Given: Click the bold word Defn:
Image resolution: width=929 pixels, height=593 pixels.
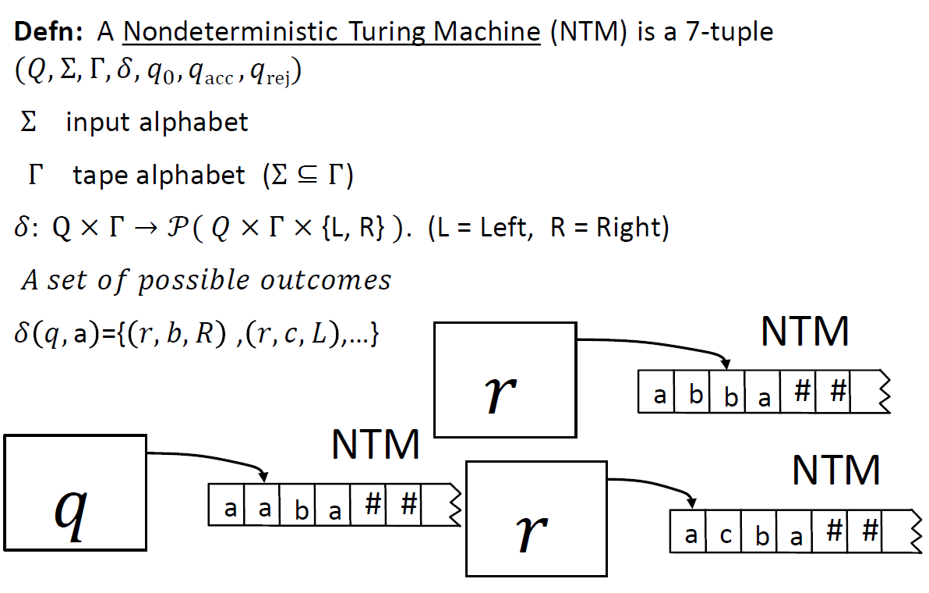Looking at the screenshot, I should coord(51,32).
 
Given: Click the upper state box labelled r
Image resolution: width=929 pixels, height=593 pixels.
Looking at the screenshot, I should coord(504,380).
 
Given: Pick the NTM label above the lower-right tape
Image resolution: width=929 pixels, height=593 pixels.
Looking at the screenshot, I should coord(835,471).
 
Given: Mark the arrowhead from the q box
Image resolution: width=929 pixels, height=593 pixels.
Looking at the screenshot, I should coord(264,477).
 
